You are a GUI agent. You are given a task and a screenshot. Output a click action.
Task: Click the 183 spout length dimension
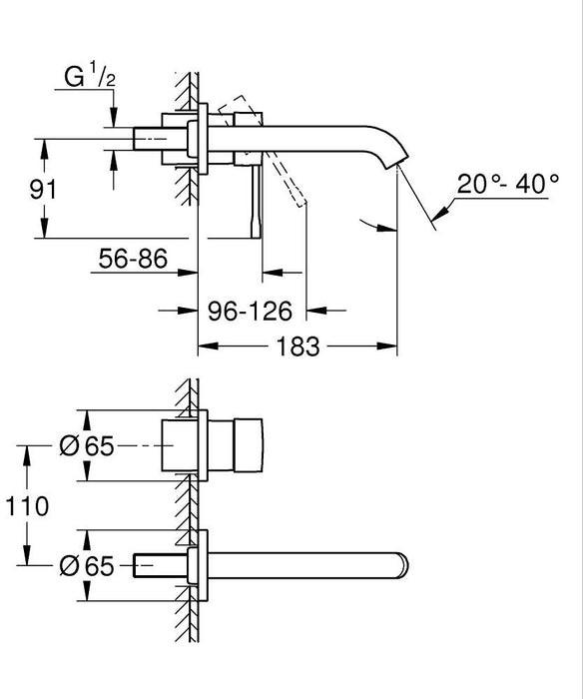tap(297, 348)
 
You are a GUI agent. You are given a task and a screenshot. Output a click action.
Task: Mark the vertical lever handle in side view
tap(257, 200)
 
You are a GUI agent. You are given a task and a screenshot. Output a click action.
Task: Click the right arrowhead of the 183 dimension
tap(391, 348)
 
